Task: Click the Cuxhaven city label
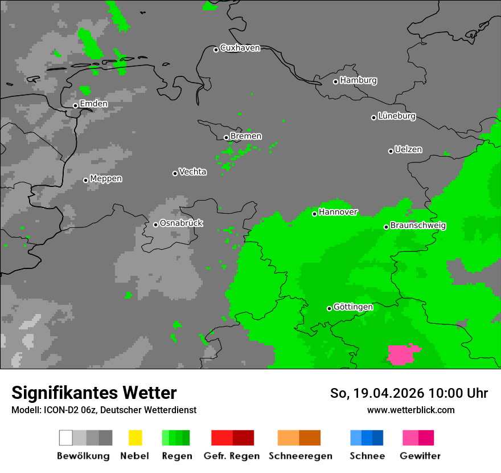coord(240,48)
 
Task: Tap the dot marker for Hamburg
coord(335,81)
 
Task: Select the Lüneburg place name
coord(397,116)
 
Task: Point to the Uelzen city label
coord(408,150)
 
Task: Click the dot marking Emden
coord(75,105)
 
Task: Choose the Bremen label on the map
coord(246,136)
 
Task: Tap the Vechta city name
coord(192,172)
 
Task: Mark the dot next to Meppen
coord(85,180)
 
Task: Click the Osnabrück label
coord(181,223)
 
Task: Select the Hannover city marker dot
coord(314,214)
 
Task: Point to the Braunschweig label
coord(418,226)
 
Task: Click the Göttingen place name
coord(353,307)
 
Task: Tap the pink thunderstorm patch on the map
coord(403,354)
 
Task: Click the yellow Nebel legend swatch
coord(135,438)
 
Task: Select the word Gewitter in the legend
coord(420,456)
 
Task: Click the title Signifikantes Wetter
coord(94,393)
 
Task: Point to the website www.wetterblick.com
coord(410,410)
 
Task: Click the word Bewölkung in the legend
coord(83,456)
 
